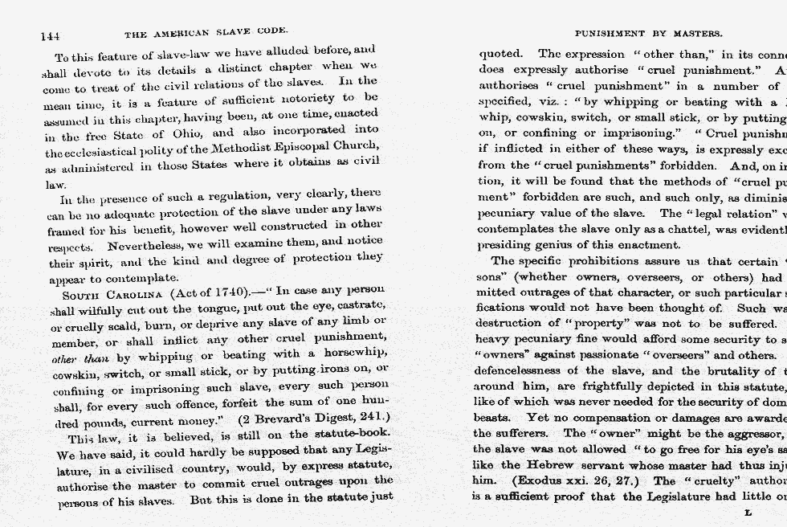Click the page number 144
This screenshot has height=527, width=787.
(x=50, y=35)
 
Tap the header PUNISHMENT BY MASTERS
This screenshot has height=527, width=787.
(x=649, y=35)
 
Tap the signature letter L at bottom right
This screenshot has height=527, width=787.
(x=748, y=513)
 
